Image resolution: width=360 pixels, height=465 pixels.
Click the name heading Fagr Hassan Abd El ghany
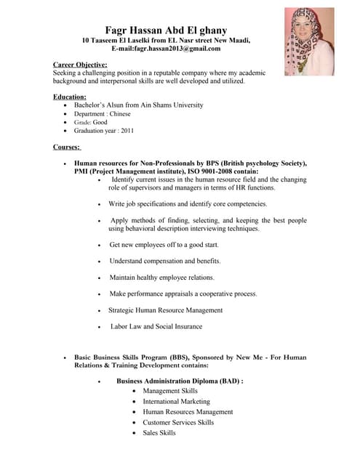point(177,30)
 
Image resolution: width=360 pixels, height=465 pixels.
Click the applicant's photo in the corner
point(309,41)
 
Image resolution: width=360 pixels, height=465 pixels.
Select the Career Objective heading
point(80,65)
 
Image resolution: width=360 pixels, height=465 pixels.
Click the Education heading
point(70,97)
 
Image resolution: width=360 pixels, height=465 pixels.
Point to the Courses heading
point(67,147)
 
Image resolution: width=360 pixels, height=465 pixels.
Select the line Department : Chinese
point(102,113)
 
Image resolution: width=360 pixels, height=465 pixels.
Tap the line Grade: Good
point(90,122)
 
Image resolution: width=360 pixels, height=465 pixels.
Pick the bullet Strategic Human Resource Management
point(166,310)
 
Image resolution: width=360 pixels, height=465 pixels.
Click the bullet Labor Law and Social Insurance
point(156,326)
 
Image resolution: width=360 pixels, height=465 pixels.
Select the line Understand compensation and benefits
point(165,261)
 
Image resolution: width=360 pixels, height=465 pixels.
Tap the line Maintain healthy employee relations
point(162,278)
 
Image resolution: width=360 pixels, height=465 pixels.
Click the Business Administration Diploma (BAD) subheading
point(180,381)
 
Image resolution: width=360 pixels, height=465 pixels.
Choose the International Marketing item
point(177,401)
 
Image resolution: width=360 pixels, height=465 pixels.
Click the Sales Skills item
point(159,432)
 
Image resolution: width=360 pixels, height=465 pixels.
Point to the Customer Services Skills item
point(178,422)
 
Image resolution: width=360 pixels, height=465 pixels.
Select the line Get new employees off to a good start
point(164,245)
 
